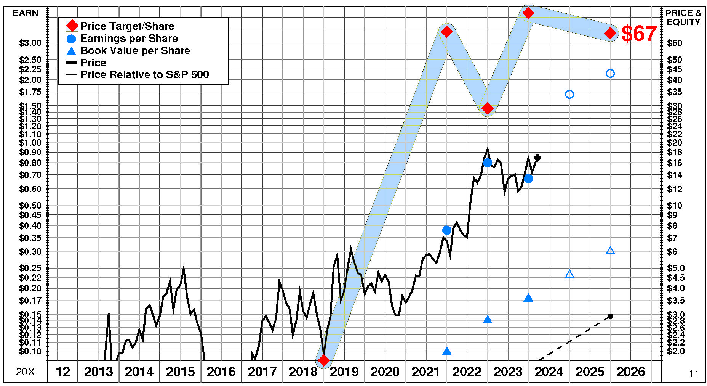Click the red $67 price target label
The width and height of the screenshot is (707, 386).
pos(639,34)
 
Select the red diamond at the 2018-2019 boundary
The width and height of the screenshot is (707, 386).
pos(323,360)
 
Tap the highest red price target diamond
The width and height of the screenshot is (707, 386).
pos(528,13)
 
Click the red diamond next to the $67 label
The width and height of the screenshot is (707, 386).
pos(610,33)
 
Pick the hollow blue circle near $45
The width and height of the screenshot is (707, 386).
pos(610,73)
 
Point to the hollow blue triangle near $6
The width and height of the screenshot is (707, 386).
pos(610,251)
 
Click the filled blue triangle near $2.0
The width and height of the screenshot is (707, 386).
pos(447,351)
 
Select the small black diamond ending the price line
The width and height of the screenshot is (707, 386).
pos(537,158)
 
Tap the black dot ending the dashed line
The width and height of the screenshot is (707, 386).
pos(610,316)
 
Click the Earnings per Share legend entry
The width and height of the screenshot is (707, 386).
pos(129,39)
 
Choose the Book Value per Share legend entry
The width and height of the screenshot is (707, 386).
pos(135,51)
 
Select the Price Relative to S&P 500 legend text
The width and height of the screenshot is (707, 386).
pos(144,74)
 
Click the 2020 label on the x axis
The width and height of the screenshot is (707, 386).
pos(385,372)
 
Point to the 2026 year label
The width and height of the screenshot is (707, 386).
pos(631,372)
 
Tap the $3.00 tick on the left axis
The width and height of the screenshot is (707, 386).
pos(30,43)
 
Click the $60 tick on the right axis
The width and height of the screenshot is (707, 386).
pos(674,43)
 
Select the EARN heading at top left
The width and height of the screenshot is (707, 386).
pos(26,13)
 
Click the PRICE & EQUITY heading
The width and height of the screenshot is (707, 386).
pos(683,18)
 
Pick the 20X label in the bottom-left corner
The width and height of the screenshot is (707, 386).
pos(25,372)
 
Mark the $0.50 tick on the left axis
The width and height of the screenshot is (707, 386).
pos(30,206)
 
